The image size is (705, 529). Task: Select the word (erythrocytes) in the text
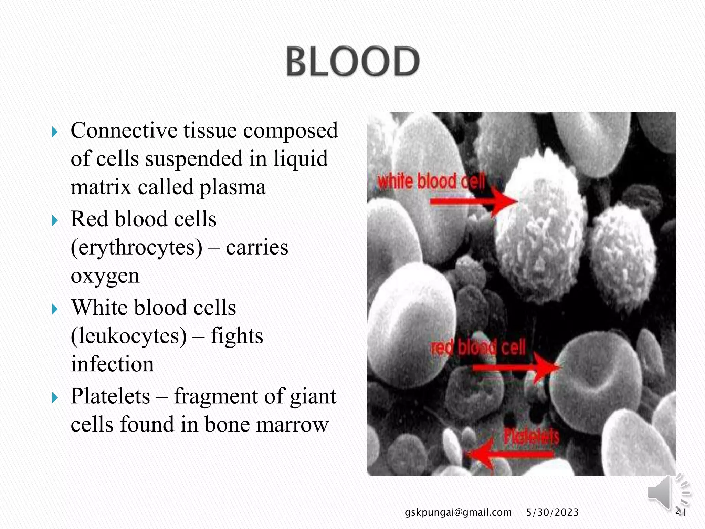137,247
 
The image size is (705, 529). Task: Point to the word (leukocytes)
129,336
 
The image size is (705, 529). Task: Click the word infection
112,364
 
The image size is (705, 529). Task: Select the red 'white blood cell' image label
431,181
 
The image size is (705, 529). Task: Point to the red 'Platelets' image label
531,437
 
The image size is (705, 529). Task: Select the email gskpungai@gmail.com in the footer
458,512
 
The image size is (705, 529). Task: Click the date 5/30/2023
552,512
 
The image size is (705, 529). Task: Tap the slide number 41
681,512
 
